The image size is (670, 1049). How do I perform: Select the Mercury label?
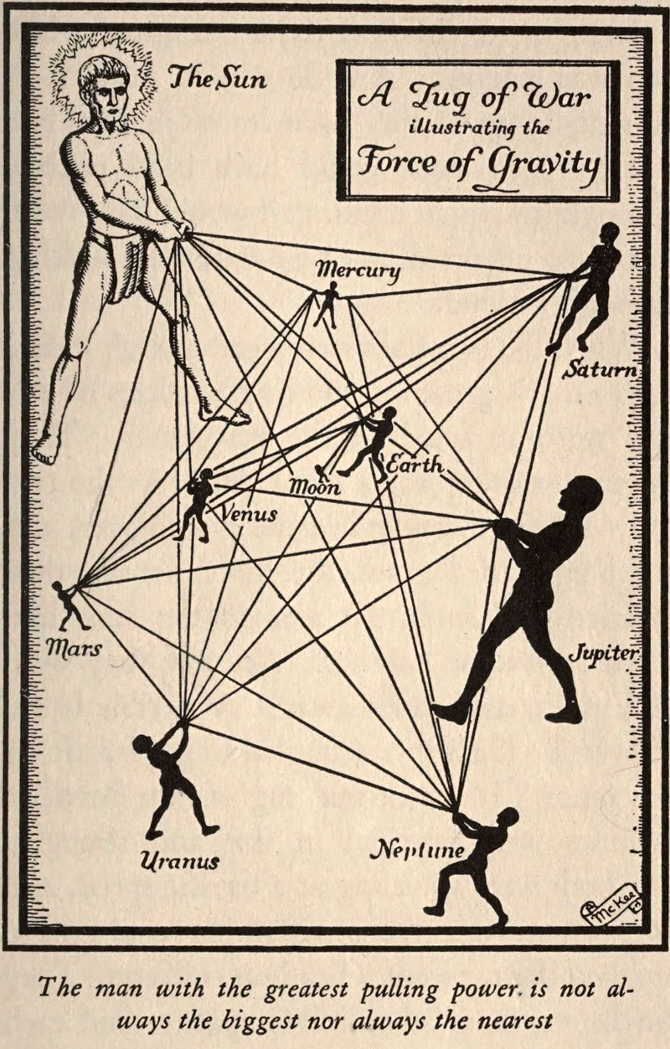pyautogui.click(x=358, y=270)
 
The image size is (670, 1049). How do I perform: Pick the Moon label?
pyautogui.click(x=315, y=486)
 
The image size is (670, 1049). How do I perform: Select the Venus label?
pyautogui.click(x=248, y=513)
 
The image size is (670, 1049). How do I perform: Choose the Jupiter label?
pyautogui.click(x=604, y=652)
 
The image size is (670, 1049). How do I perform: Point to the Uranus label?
pyautogui.click(x=179, y=861)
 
